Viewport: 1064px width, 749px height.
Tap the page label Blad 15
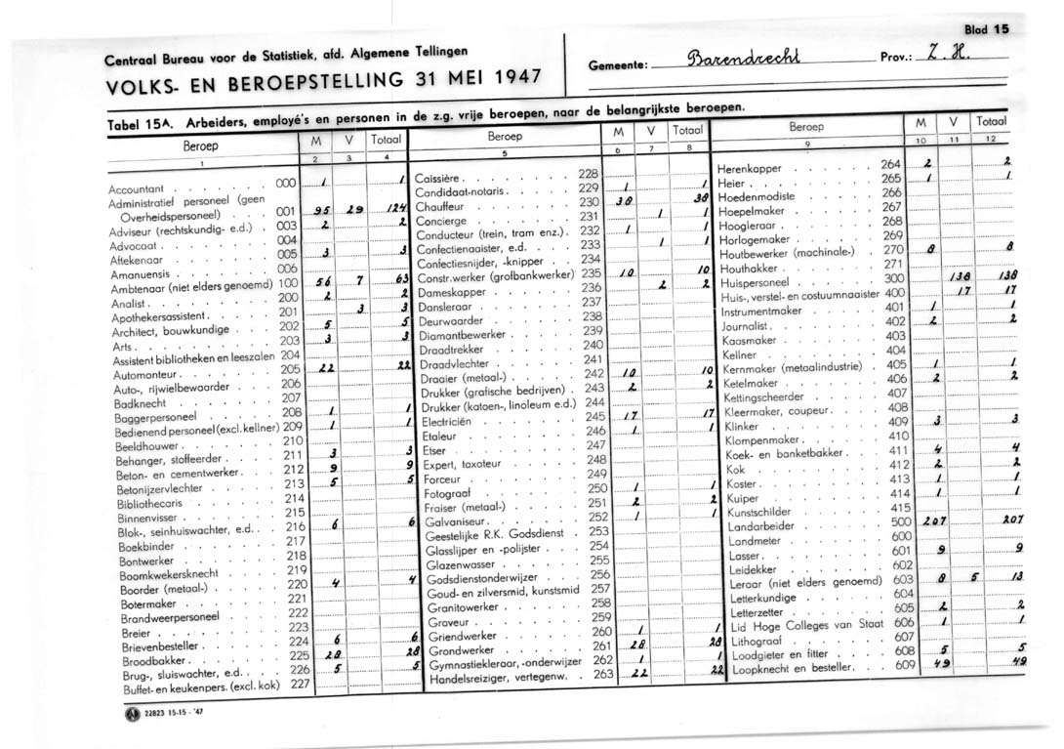986,29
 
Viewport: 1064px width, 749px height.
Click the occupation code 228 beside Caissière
587,172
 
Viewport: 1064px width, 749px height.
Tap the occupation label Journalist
748,323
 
